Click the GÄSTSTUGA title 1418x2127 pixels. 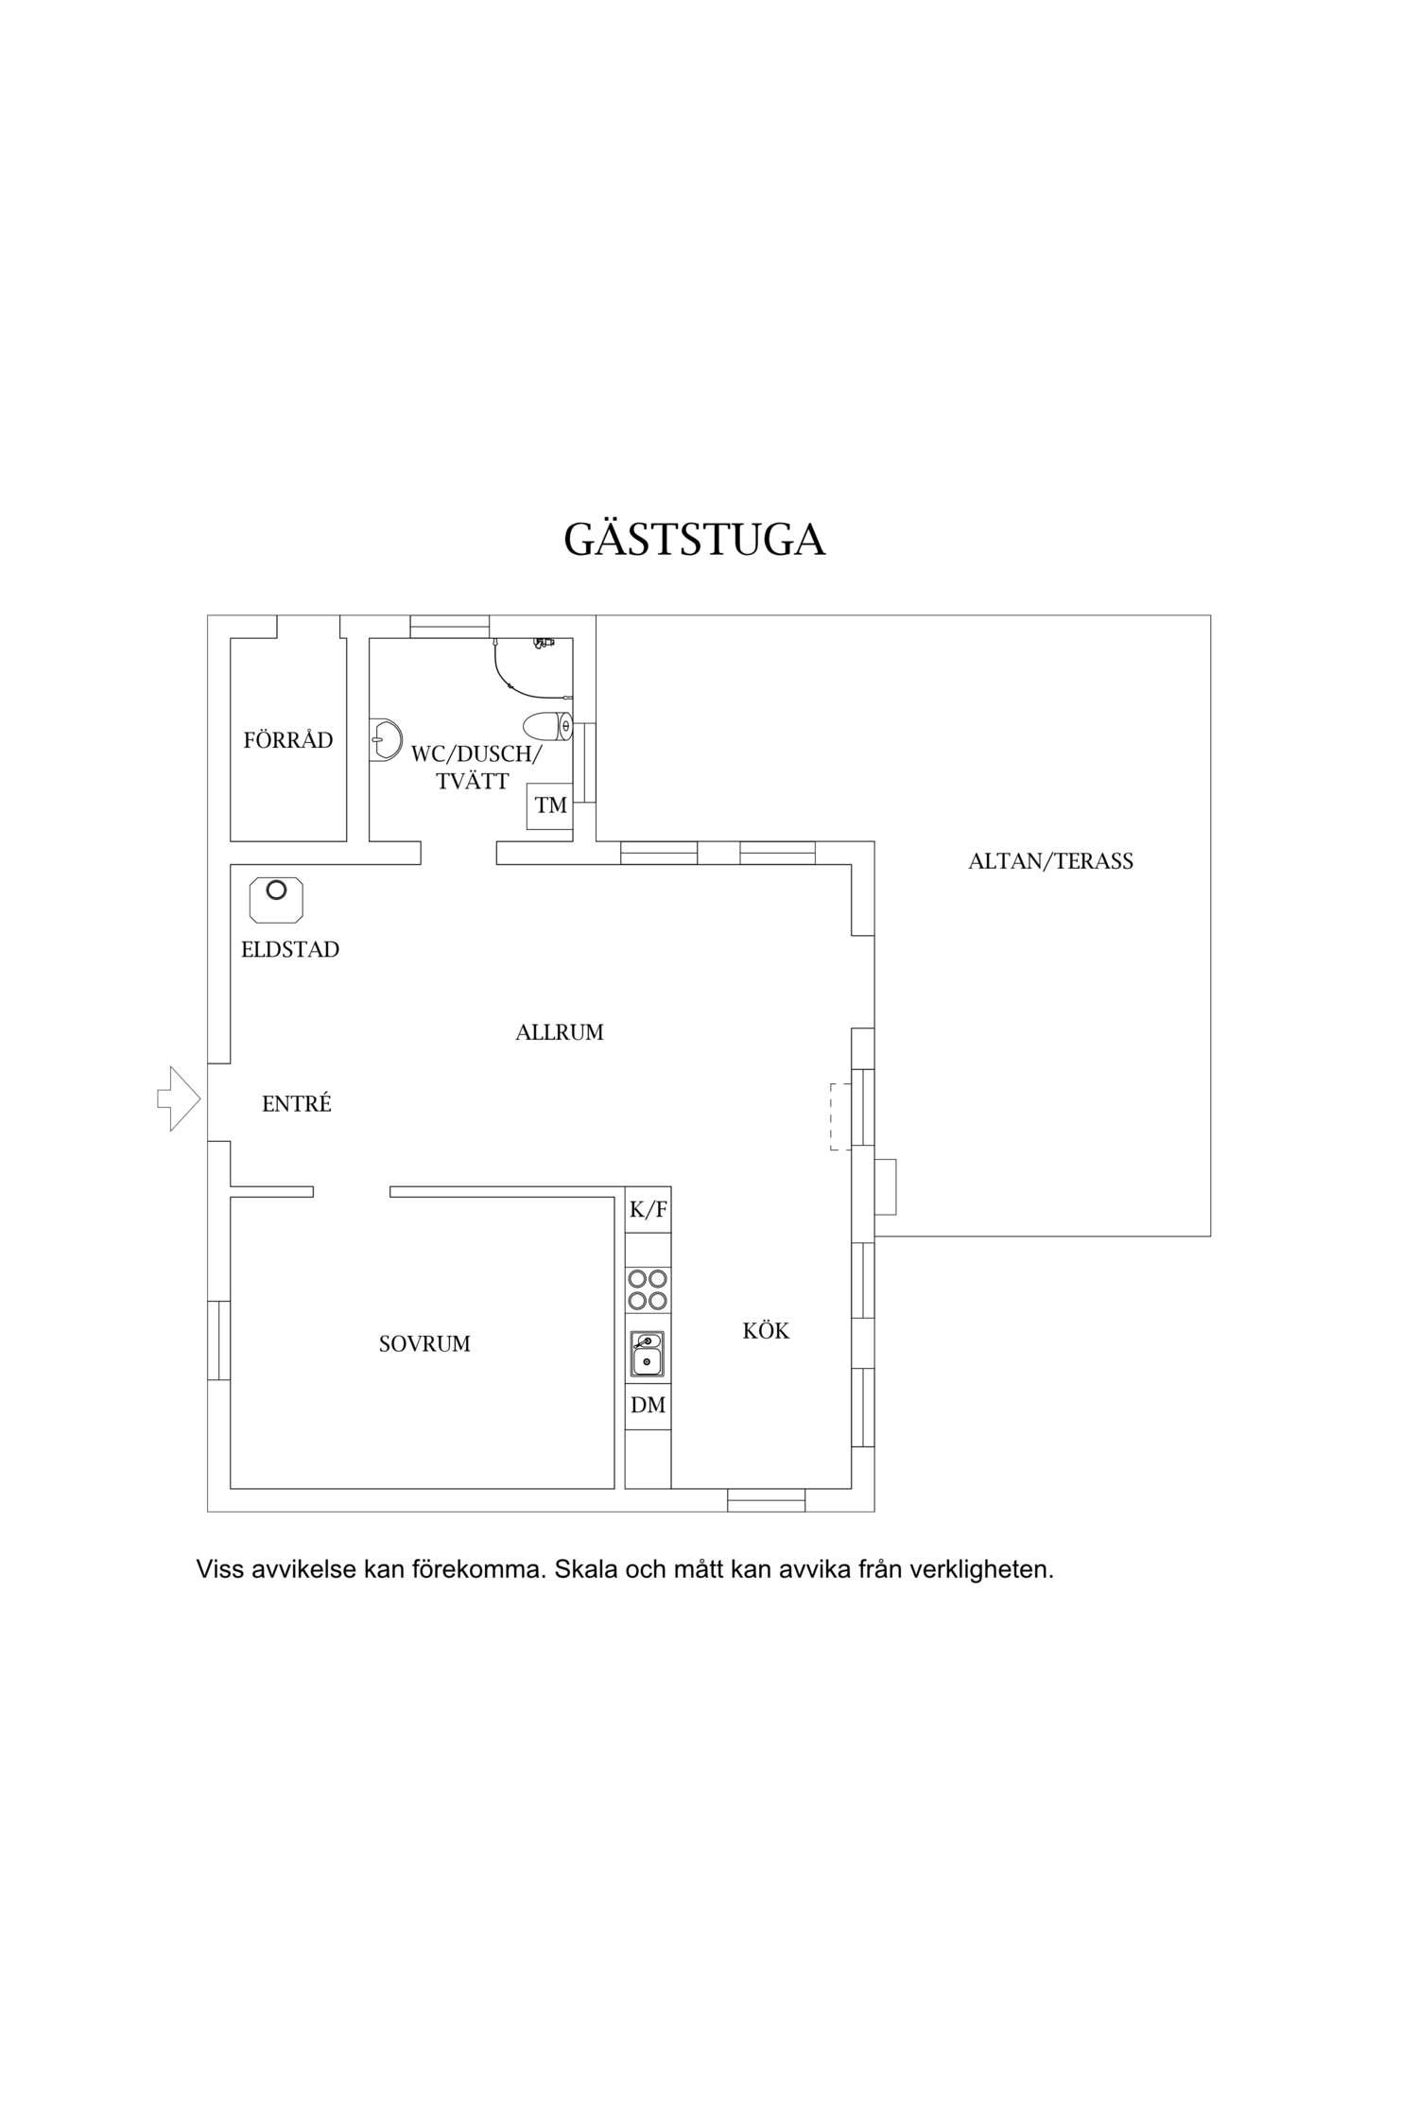coord(695,538)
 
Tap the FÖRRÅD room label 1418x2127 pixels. coord(288,739)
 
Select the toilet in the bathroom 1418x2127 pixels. coord(548,726)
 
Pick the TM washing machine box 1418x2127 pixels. coord(550,805)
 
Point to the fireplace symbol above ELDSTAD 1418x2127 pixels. coord(276,899)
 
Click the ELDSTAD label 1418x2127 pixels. coord(290,949)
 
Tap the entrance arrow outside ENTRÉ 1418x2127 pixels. coord(180,1098)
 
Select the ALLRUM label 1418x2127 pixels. coord(560,1032)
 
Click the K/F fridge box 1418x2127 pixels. coord(648,1209)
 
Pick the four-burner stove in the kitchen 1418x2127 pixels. coord(648,1289)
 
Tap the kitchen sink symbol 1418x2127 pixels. coord(648,1354)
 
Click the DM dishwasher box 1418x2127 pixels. coord(648,1406)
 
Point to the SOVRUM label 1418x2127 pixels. coord(424,1343)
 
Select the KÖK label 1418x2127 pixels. coord(766,1330)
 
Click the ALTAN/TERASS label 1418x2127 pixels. coord(1050,861)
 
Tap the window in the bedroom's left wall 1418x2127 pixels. coord(218,1340)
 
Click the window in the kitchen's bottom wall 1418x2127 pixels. coord(767,1500)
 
